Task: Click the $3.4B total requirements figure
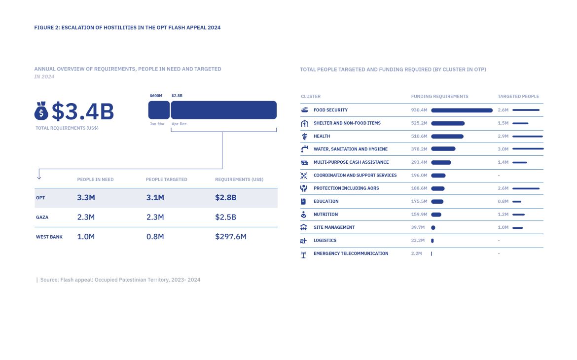pos(83,112)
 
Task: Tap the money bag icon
pos(41,111)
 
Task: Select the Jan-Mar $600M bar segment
pos(159,110)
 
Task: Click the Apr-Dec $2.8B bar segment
pos(223,110)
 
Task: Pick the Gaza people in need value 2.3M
pos(86,217)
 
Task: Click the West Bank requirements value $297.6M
pos(231,237)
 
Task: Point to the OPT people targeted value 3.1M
pos(155,198)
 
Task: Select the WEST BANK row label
pos(49,237)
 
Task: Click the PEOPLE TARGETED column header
pos(167,180)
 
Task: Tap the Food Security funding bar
pos(462,110)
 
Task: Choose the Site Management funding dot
pos(433,227)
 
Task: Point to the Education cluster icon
pos(304,201)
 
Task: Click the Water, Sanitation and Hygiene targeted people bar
pos(528,149)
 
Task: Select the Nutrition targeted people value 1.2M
pos(503,215)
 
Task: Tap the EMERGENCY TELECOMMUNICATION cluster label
pos(351,253)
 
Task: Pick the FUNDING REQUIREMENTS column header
pos(440,97)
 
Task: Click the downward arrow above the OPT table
pos(39,175)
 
